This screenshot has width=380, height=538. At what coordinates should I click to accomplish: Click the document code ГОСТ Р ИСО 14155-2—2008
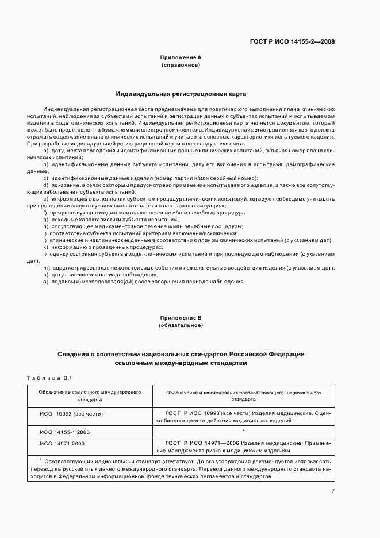(x=292, y=41)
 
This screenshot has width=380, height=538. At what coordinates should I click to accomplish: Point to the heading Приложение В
(x=181, y=317)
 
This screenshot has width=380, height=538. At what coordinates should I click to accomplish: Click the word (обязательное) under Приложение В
(x=181, y=325)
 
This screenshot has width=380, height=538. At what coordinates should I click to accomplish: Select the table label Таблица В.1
(x=48, y=378)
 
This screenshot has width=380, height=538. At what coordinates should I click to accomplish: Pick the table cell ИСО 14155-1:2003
(x=65, y=431)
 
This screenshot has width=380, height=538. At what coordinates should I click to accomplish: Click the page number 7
(x=333, y=491)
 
